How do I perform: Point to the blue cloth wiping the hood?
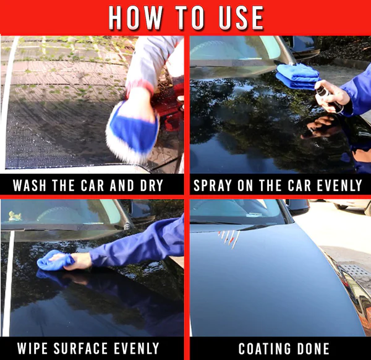click(54, 260)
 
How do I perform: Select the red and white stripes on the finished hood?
click(228, 237)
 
